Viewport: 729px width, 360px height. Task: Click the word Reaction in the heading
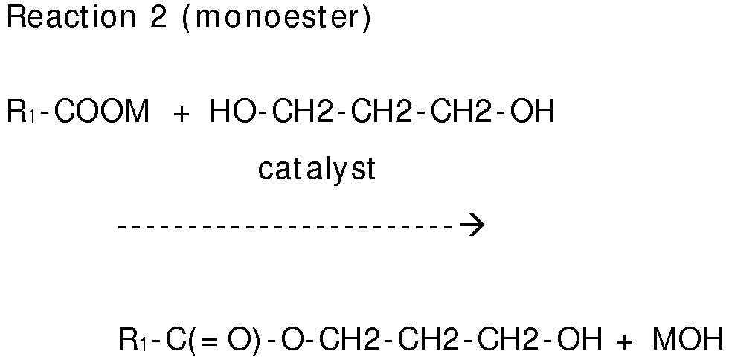pyautogui.click(x=66, y=18)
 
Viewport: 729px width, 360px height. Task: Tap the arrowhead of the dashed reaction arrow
pyautogui.click(x=473, y=224)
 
